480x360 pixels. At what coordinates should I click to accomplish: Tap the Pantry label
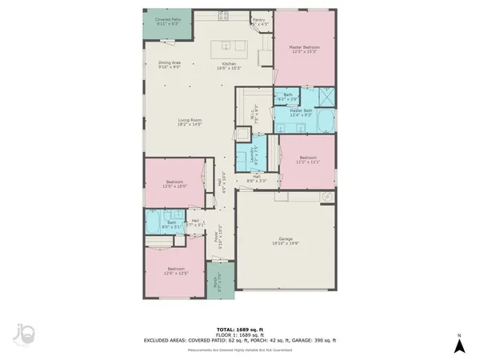[258, 21]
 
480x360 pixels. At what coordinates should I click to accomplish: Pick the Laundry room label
[254, 154]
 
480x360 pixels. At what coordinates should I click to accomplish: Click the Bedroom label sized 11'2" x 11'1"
[309, 159]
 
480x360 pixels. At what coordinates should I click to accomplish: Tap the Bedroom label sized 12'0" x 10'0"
[175, 184]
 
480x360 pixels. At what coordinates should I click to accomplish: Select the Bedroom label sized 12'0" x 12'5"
[175, 270]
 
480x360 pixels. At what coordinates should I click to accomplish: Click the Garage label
[285, 241]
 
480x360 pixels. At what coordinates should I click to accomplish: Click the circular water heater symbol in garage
[326, 197]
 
